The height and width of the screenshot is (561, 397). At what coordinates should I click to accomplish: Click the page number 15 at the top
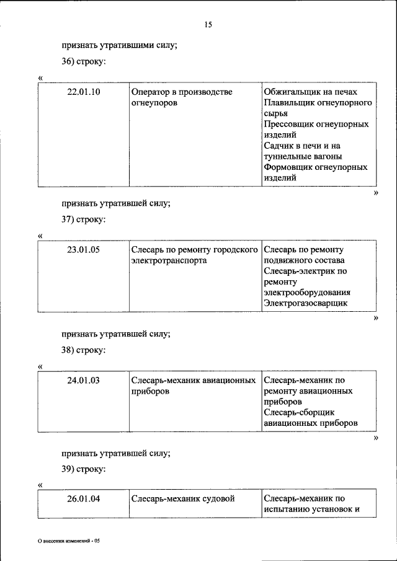208,25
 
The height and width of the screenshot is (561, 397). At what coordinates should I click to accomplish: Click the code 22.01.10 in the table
84,92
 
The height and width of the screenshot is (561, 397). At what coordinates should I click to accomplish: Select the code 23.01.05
84,250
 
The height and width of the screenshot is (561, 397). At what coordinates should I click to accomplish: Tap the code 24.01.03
84,380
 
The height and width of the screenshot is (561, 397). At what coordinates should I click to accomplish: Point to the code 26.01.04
84,498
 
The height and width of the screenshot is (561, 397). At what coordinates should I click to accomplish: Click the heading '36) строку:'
83,62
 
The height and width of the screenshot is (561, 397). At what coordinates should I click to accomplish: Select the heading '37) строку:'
83,219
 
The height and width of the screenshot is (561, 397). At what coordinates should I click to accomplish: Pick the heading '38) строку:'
83,350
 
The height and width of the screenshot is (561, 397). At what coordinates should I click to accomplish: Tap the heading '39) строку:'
83,469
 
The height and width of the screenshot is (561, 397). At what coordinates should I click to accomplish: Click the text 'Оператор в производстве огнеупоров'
181,97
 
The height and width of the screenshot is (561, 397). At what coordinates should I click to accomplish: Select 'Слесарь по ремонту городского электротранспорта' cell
194,255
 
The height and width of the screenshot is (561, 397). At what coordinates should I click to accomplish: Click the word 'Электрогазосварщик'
305,303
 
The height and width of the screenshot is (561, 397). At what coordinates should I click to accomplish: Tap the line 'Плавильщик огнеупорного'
318,103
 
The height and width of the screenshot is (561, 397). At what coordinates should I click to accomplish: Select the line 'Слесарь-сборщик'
299,412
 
